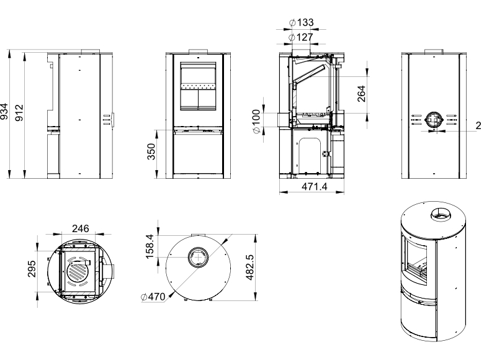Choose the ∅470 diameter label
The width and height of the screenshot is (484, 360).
point(153,297)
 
